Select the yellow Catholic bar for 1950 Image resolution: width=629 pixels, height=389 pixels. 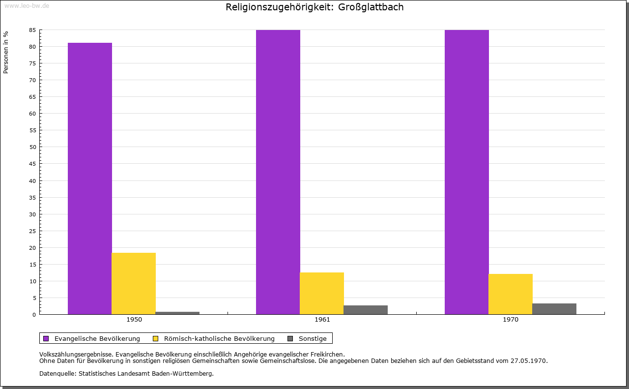[x=134, y=283]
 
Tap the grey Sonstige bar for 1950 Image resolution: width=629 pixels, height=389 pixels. [x=177, y=313]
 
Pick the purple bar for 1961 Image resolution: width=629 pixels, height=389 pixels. [x=278, y=172]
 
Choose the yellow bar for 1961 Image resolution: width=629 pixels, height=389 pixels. [x=322, y=293]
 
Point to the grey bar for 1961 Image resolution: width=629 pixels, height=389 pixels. [x=366, y=310]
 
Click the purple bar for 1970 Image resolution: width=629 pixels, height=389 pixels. [x=467, y=172]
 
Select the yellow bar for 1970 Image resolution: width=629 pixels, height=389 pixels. [x=511, y=294]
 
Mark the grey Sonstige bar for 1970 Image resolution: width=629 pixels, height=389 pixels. [x=554, y=309]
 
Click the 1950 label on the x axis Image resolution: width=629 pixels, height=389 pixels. [x=134, y=320]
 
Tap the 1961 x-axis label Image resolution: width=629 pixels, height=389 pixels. [x=322, y=320]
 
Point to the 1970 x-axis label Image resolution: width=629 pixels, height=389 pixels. [x=511, y=320]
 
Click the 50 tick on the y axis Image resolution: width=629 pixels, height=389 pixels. [x=32, y=147]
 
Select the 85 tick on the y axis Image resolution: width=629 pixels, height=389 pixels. [x=32, y=30]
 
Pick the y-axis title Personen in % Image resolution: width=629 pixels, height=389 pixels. [x=6, y=52]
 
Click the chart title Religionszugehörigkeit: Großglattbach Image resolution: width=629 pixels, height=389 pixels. [x=314, y=7]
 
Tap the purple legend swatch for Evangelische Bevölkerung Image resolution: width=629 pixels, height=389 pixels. [x=46, y=338]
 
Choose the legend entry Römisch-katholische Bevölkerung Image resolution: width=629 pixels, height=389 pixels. [x=219, y=338]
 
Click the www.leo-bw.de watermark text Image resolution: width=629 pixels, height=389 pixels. [x=26, y=5]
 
